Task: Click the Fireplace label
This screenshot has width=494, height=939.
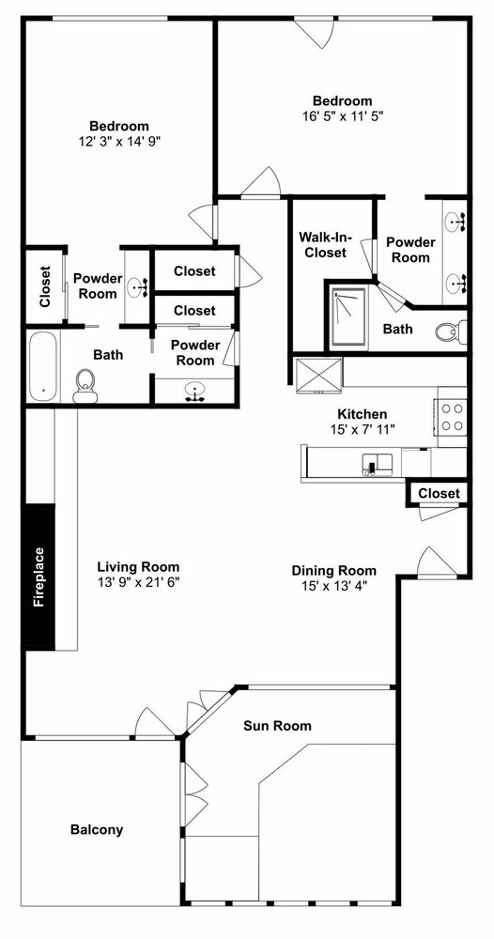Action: tap(39, 577)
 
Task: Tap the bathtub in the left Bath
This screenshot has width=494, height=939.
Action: tap(43, 367)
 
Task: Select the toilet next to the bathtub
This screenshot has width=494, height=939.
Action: tap(85, 386)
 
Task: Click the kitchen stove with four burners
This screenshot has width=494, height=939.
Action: tap(452, 418)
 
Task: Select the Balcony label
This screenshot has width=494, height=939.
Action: tap(97, 829)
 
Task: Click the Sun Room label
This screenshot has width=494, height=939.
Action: tap(277, 726)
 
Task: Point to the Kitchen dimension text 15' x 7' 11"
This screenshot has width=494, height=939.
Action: tap(363, 429)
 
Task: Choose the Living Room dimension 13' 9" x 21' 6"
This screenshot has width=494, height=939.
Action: tap(138, 581)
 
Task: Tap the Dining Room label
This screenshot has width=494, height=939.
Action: tap(334, 570)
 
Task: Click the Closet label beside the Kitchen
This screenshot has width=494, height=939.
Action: tap(439, 493)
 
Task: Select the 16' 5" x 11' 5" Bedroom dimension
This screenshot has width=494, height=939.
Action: tap(343, 116)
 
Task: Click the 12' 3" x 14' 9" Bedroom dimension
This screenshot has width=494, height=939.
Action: tap(119, 142)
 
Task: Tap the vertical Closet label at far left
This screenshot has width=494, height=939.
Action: tap(45, 286)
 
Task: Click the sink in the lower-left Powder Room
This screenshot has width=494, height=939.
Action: tap(195, 392)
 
